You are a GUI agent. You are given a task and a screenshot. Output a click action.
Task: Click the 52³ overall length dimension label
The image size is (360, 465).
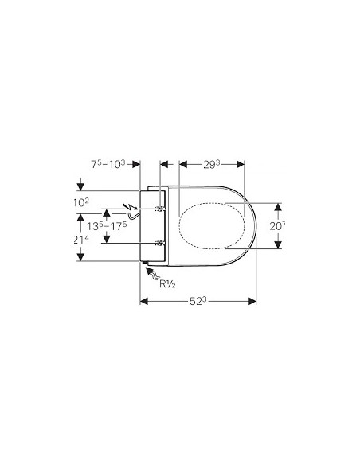198,301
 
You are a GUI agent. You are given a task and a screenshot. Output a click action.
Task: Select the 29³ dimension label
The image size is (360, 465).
211,164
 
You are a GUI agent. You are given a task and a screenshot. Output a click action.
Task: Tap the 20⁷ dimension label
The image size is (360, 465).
277,226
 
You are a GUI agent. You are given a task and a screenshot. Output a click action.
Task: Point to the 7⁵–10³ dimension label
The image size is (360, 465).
108,164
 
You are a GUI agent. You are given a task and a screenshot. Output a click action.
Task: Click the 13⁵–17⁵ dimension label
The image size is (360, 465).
107,226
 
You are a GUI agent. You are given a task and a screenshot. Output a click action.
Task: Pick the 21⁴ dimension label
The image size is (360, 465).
81,240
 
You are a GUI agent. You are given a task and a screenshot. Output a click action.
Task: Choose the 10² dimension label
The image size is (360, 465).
81,202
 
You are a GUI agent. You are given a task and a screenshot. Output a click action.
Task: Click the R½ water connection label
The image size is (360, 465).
167,284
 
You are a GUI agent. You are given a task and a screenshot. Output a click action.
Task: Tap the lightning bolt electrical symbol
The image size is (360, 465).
129,206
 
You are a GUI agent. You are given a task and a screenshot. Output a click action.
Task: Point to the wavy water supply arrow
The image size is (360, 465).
153,274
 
